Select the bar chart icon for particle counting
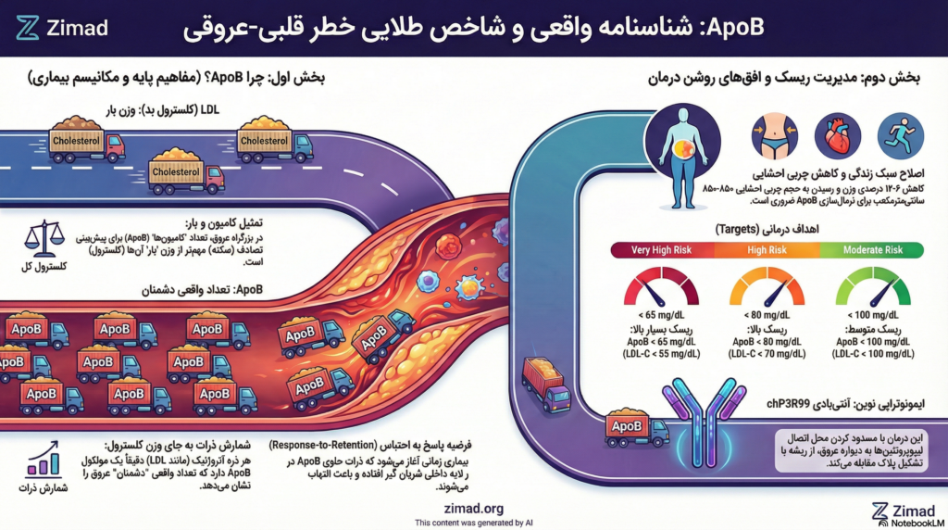[39, 462]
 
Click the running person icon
[900, 135]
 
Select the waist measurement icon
[774, 135]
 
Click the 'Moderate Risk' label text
[871, 249]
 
